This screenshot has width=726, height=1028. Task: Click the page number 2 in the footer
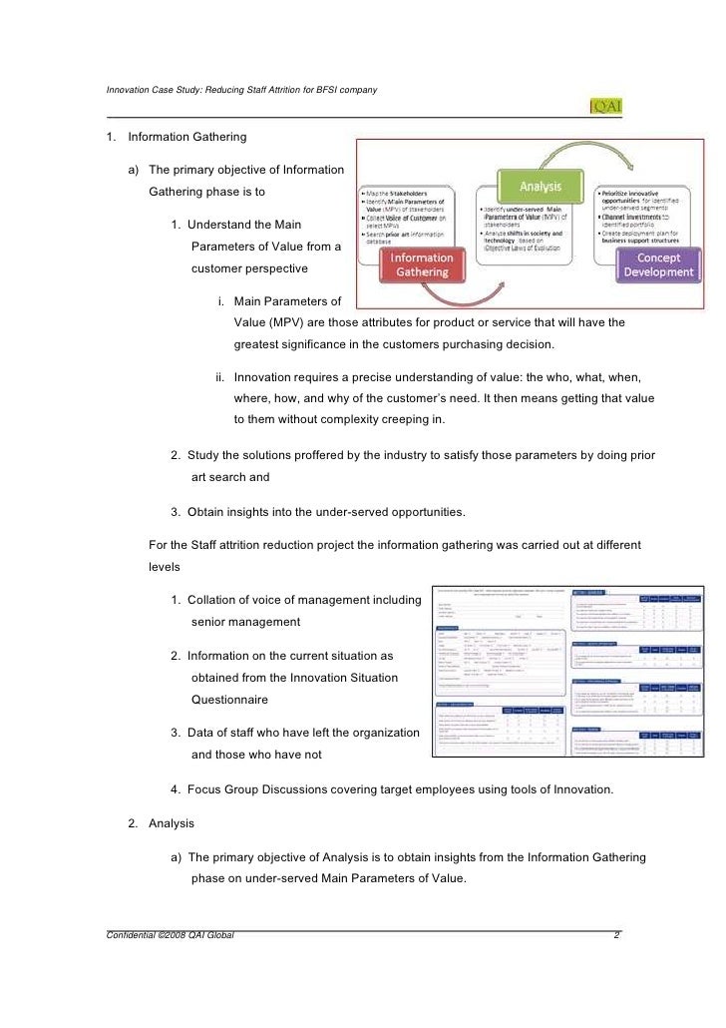pos(617,936)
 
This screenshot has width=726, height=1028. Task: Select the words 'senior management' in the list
pos(245,622)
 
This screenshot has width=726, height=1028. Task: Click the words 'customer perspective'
pos(249,269)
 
